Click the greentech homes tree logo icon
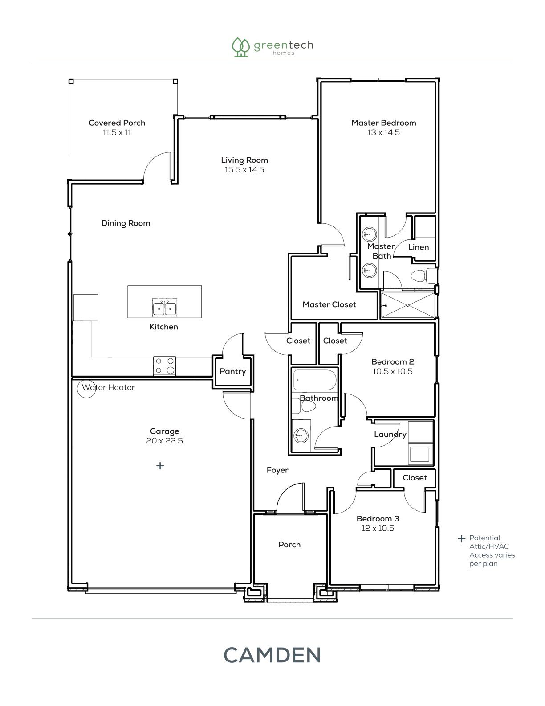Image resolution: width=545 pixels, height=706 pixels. [240, 47]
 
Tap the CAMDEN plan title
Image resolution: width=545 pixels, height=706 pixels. [272, 655]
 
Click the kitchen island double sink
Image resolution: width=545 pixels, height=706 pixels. [165, 308]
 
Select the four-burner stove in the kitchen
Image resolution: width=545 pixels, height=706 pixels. [165, 366]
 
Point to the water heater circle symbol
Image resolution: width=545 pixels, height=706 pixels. [87, 389]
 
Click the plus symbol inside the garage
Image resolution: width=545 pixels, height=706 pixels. [160, 466]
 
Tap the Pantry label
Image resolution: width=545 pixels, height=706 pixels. [233, 371]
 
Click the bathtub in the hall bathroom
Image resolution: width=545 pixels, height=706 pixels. [315, 380]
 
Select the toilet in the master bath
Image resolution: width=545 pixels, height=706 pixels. [423, 276]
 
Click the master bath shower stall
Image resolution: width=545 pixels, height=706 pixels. [408, 305]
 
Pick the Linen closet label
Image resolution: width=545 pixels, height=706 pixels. [419, 247]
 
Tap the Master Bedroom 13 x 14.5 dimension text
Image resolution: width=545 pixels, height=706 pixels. [384, 132]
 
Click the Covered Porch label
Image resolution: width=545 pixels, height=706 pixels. [117, 123]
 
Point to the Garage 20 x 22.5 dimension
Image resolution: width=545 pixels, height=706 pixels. [165, 441]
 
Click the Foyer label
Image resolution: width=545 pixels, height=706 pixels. [277, 470]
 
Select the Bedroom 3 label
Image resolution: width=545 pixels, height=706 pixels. [378, 518]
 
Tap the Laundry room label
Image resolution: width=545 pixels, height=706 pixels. [390, 435]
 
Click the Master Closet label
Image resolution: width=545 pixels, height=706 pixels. [329, 304]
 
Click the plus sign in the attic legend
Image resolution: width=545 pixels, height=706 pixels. [461, 539]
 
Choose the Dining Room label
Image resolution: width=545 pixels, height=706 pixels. [126, 223]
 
